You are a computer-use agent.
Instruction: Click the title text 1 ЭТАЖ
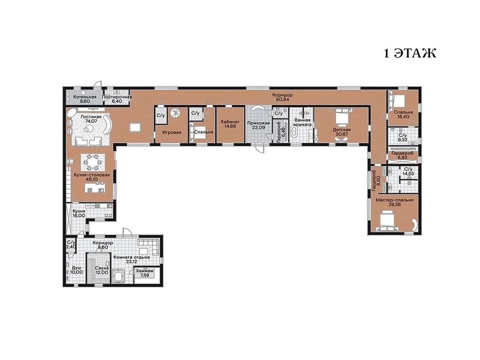[x=410, y=53]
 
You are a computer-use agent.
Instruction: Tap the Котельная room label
[x=85, y=97]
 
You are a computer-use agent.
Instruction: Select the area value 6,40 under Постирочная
[x=117, y=101]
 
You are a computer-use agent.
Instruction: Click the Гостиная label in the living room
[x=91, y=117]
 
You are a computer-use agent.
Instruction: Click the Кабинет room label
[x=230, y=122]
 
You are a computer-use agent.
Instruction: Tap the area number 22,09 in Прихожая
[x=259, y=127]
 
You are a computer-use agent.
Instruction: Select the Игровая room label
[x=171, y=133]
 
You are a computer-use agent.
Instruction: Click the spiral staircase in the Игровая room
[x=175, y=113]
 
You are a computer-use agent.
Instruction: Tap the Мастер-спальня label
[x=395, y=200]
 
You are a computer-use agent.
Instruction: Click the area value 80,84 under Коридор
[x=283, y=99]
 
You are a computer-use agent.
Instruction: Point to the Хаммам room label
[x=145, y=271]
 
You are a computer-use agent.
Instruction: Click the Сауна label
[x=102, y=268]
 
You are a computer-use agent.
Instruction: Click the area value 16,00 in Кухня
[x=79, y=216]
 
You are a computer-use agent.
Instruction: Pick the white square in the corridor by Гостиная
[x=135, y=127]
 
